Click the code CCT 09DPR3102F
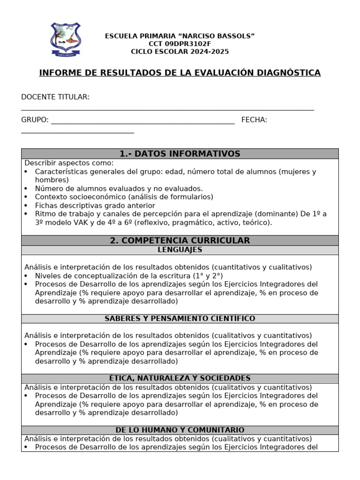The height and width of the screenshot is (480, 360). pos(180,44)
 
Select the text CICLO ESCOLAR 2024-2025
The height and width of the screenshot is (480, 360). pos(180,52)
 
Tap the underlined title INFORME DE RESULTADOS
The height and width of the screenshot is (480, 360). pos(180,73)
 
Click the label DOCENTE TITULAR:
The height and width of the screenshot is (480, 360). pos(55,97)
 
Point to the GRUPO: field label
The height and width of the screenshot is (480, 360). pos(35,120)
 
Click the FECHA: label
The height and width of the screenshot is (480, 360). pos(254,120)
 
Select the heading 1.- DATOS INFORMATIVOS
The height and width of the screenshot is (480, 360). pos(180,154)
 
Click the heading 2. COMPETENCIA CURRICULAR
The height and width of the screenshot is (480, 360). pos(180,240)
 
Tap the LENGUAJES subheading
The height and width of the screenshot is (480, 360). pos(180,250)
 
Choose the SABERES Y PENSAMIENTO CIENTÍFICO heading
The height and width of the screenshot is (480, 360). pos(180,319)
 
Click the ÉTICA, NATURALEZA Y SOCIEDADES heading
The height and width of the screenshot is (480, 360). pos(180,378)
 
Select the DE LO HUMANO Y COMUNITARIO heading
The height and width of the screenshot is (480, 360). pos(180,430)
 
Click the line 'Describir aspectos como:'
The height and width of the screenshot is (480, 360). pos(69,163)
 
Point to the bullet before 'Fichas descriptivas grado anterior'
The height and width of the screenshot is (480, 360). pos(26,206)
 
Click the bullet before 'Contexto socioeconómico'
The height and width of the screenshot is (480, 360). pos(26,197)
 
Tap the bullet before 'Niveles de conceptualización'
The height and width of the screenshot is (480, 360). pos(26,276)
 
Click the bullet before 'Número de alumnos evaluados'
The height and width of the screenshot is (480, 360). pos(26,189)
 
